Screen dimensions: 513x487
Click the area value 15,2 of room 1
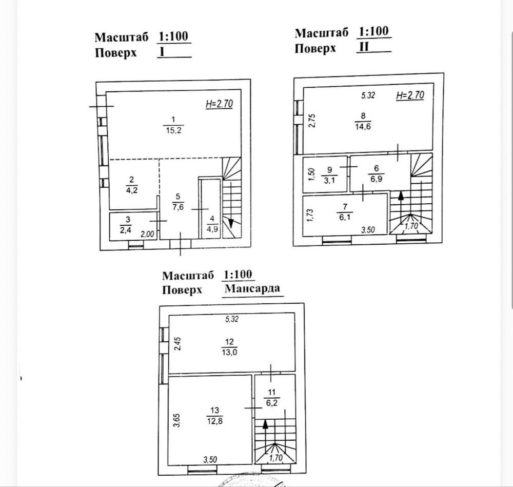click(173, 130)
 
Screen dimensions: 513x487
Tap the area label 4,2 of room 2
click(131, 190)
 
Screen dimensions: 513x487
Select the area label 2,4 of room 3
click(126, 230)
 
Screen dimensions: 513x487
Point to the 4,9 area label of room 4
click(212, 229)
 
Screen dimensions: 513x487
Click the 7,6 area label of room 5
click(178, 207)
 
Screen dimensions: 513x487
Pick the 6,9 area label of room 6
click(376, 179)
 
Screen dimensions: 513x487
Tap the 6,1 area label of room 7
click(345, 217)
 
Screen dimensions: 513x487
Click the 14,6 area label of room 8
click(363, 126)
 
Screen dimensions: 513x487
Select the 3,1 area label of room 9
click(329, 180)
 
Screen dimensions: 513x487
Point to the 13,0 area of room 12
click(229, 353)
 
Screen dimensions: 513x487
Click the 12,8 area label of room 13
click(214, 421)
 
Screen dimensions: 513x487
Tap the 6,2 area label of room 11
click(271, 402)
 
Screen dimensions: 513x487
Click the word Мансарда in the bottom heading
click(252, 289)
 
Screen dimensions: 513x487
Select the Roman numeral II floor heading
click(364, 47)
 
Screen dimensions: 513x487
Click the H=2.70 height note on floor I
click(219, 104)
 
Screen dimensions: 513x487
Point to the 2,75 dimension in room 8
click(312, 121)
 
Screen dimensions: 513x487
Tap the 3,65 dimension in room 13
click(176, 421)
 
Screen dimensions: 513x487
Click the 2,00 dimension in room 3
click(147, 235)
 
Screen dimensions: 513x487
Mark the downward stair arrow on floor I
click(231, 205)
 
